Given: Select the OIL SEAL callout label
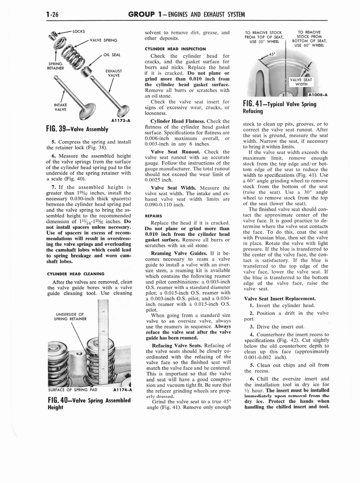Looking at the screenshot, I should coord(112,54).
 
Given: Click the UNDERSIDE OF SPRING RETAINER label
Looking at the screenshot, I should coord(70,316).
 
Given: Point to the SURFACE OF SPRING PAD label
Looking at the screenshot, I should coord(73,390).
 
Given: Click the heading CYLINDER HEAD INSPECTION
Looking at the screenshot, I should coord(175,49).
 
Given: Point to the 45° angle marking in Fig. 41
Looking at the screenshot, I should coord(272,54).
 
